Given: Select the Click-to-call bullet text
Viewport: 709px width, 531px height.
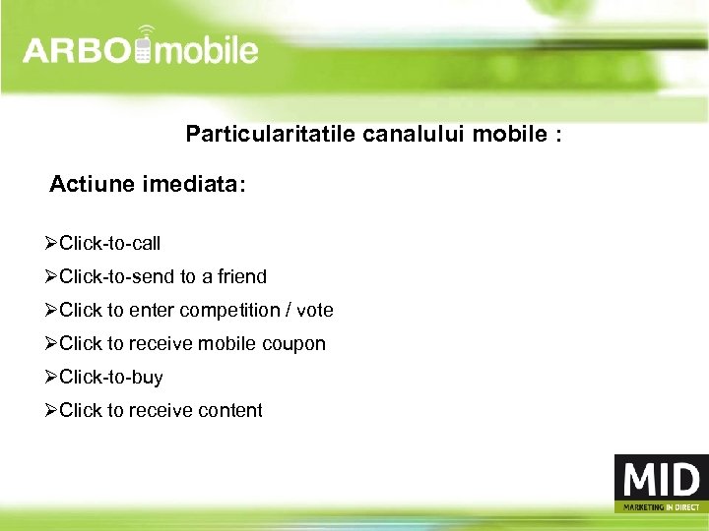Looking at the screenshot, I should click(110, 243).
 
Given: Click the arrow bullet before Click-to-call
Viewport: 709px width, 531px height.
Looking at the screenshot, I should click(51, 243).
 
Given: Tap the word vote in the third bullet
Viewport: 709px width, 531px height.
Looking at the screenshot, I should click(315, 310).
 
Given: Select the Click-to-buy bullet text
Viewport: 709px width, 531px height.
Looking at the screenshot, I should click(111, 378).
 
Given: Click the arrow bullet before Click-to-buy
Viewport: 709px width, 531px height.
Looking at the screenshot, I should click(51, 377).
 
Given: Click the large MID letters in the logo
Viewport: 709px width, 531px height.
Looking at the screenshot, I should click(659, 481).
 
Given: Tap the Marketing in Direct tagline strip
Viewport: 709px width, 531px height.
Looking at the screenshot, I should click(659, 507).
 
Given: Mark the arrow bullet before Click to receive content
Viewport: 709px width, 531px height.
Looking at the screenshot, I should click(51, 410).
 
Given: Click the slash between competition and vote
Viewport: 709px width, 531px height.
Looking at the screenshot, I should click(287, 311).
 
